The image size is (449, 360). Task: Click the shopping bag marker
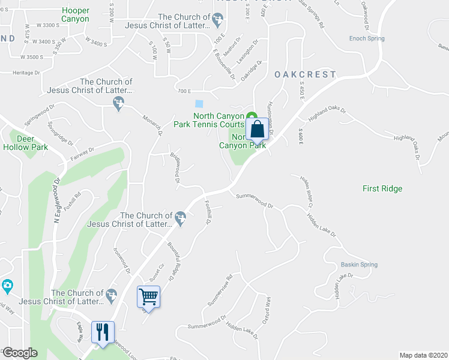[x=257, y=130]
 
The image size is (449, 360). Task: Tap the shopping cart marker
[x=149, y=296]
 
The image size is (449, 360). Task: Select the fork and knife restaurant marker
[x=102, y=332]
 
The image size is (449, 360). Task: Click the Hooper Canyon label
[x=75, y=15]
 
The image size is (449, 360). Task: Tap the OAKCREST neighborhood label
[x=305, y=74]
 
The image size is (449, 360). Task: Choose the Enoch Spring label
[x=367, y=38]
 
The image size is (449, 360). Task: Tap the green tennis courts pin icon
[x=252, y=116]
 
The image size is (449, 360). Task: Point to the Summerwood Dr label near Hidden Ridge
[x=255, y=200]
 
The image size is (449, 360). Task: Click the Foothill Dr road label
[x=208, y=212]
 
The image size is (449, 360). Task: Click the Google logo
[x=19, y=353]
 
